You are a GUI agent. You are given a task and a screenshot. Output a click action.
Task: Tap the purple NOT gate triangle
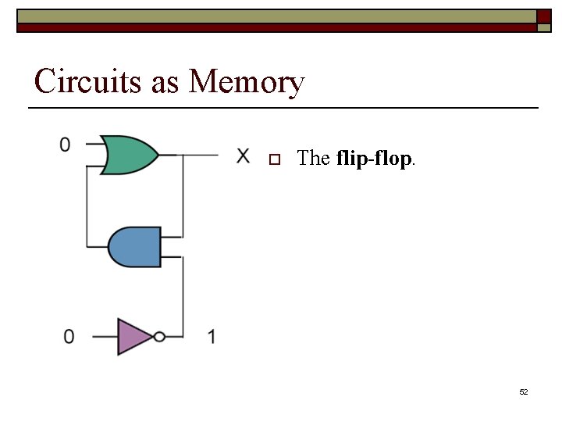133,337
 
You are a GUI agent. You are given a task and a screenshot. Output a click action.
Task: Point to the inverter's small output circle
160,337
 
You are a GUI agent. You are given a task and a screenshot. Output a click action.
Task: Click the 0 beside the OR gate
65,145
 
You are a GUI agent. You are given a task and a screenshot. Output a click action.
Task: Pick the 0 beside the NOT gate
69,337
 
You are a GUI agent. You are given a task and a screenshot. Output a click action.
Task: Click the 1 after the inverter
212,337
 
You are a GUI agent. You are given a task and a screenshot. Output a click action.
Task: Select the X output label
244,156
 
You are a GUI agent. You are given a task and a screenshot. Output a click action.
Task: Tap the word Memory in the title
247,81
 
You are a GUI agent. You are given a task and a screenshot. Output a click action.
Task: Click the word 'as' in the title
165,83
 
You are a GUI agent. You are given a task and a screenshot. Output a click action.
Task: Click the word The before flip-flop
314,159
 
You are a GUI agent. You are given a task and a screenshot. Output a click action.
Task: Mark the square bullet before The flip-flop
273,159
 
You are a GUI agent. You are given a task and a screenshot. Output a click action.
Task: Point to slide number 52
524,392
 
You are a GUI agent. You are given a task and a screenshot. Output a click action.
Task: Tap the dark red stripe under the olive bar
273,27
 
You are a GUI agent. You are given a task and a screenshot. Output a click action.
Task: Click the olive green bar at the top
273,16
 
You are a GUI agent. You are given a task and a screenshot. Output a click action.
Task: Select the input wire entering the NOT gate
105,337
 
